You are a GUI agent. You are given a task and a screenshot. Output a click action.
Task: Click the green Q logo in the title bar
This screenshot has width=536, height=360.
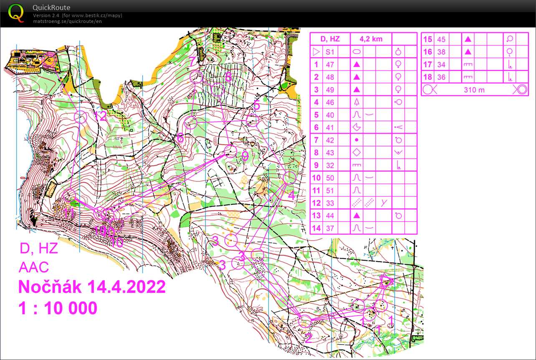(16, 13)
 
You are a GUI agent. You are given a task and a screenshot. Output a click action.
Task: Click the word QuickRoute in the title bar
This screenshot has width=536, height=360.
(51, 8)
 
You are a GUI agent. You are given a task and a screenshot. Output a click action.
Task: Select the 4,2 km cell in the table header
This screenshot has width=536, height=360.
(371, 39)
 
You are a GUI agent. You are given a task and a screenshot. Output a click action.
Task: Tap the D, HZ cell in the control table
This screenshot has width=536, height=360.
(330, 39)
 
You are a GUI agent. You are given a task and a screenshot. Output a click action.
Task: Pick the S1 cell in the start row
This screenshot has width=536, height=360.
(330, 52)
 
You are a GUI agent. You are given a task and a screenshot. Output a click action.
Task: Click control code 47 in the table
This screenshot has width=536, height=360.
(330, 65)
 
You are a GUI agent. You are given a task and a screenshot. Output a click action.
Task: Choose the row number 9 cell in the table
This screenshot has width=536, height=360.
(316, 165)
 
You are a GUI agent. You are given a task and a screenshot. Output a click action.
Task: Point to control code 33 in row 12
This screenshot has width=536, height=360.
(330, 203)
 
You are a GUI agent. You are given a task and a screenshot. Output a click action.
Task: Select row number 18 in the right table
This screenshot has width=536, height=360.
(427, 77)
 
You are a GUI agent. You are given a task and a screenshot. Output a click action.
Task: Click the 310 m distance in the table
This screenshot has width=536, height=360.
(474, 90)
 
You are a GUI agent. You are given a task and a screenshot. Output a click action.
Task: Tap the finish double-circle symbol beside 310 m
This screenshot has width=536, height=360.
(520, 89)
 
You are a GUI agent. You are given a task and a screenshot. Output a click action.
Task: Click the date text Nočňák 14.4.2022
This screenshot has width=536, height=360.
(92, 287)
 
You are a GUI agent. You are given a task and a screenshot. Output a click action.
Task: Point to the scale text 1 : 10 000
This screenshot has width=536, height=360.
(58, 308)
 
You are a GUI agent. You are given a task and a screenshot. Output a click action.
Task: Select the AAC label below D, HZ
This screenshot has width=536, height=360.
(34, 267)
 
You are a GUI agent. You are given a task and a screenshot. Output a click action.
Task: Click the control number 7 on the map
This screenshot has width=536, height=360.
(192, 62)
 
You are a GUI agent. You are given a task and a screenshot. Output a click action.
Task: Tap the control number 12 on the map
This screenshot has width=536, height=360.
(101, 117)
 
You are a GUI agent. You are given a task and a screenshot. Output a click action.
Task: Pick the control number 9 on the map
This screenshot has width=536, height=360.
(245, 156)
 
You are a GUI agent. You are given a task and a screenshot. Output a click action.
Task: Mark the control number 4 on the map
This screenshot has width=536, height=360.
(291, 195)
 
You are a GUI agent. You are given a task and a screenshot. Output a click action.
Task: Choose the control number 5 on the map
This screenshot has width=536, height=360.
(256, 106)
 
